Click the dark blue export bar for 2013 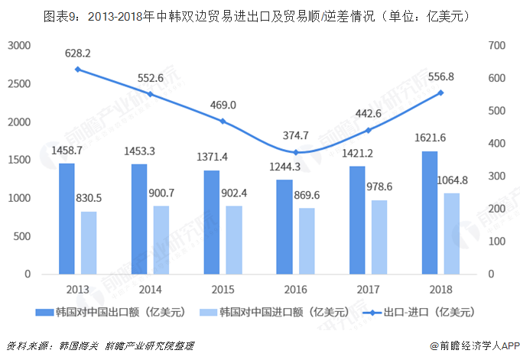(x=67, y=219)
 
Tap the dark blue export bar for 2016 (x=284, y=226)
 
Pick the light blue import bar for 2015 (x=234, y=239)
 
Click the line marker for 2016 (x=295, y=152)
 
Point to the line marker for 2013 (x=77, y=70)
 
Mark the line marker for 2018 (x=440, y=92)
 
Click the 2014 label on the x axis (x=151, y=290)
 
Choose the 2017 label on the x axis (x=369, y=290)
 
